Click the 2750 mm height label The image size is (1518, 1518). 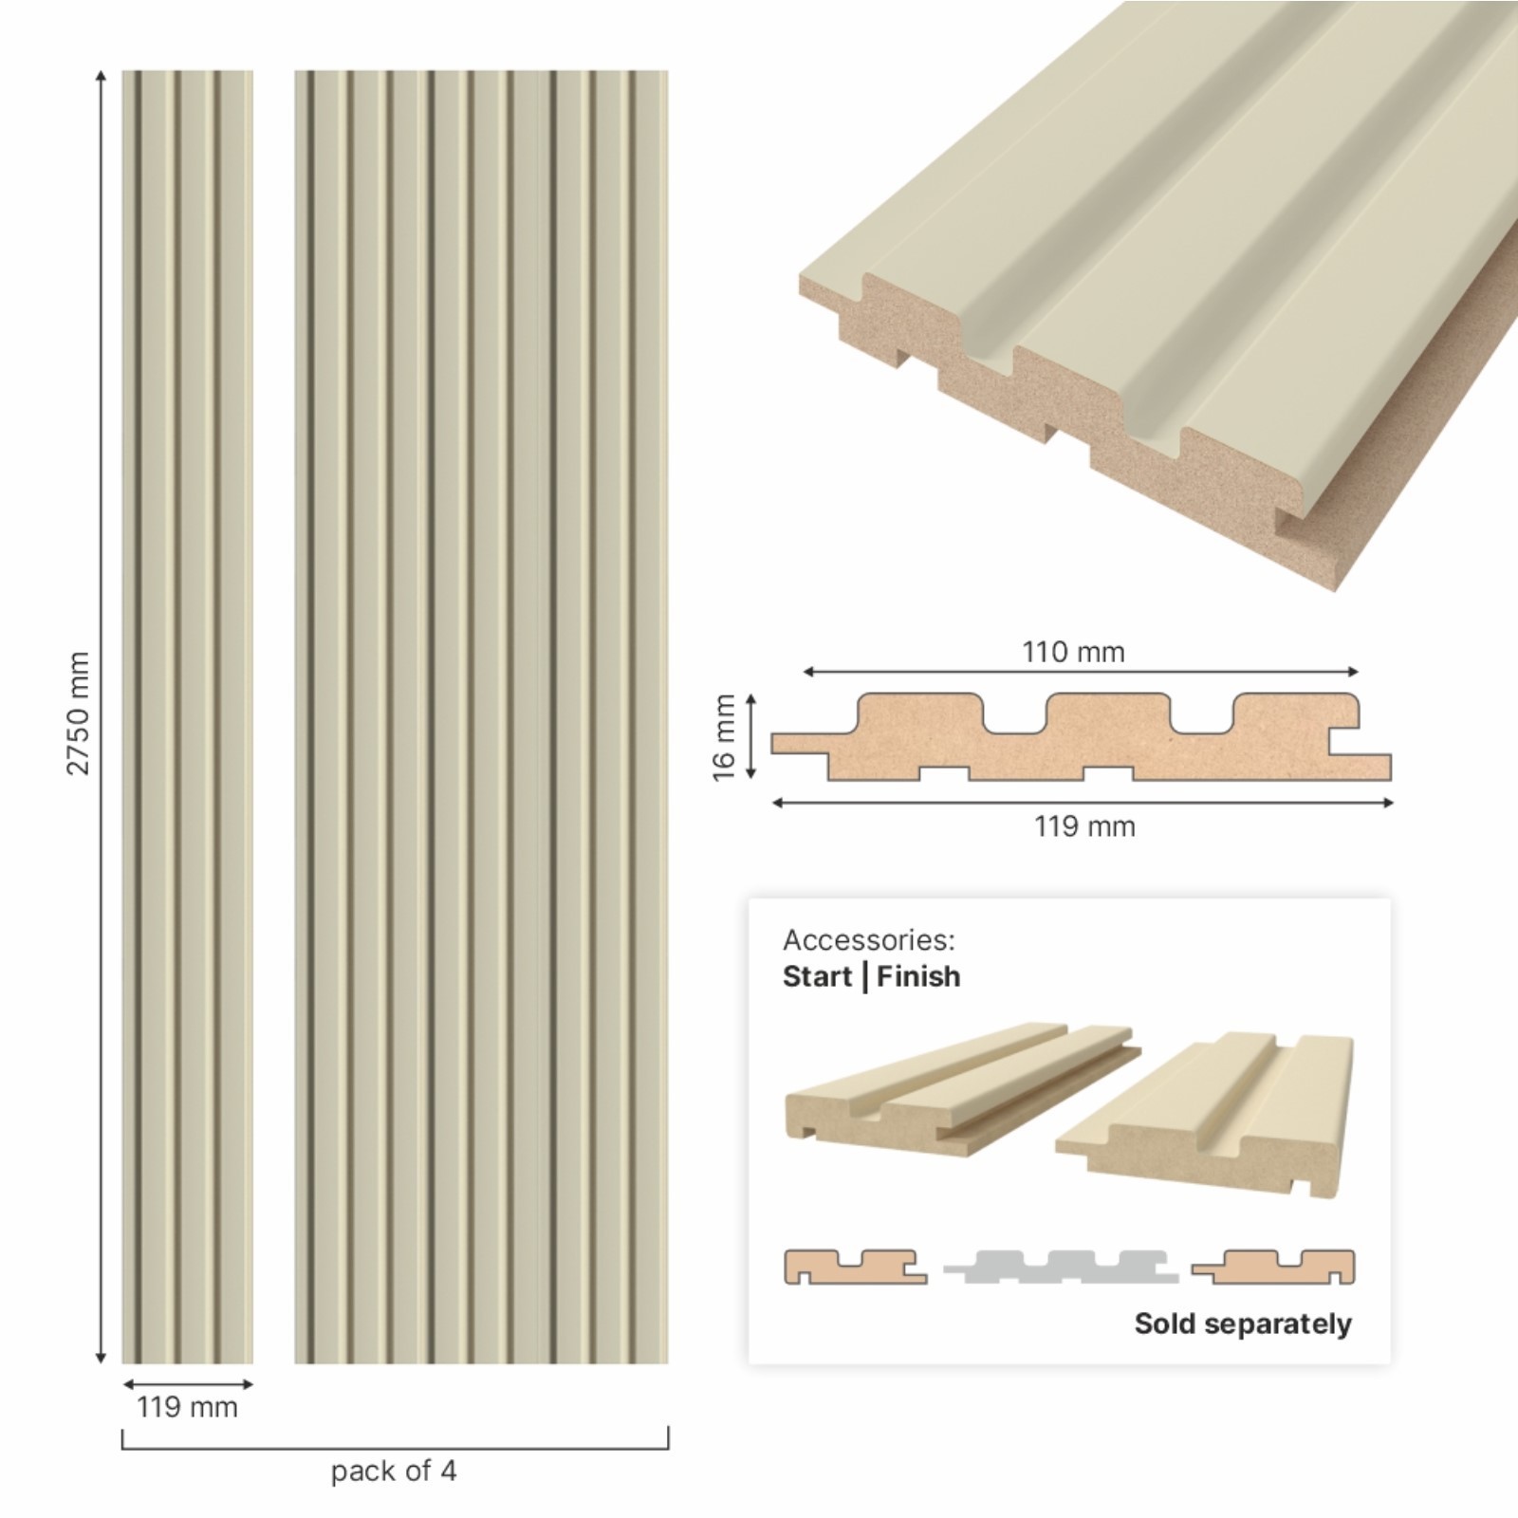pos(78,713)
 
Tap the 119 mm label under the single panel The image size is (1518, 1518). pos(187,1406)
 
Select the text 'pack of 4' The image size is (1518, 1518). pos(394,1471)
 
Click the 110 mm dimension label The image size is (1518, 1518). pos(1073,652)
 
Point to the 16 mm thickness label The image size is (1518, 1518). pos(724,737)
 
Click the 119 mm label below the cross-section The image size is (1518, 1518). pos(1084,826)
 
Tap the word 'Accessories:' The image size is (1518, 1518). pos(868,940)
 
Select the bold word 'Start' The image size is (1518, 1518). pos(818,976)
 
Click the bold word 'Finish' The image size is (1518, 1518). pos(918,976)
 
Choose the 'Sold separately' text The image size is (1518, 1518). pos(1243,1324)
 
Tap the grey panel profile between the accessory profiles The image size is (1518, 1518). pos(1061,1268)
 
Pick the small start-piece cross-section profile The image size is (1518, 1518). pos(855,1268)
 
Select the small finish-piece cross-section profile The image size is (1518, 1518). pos(1274,1268)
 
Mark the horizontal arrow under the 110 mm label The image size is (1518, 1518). pos(1081,672)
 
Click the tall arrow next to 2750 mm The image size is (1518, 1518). pos(101,716)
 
